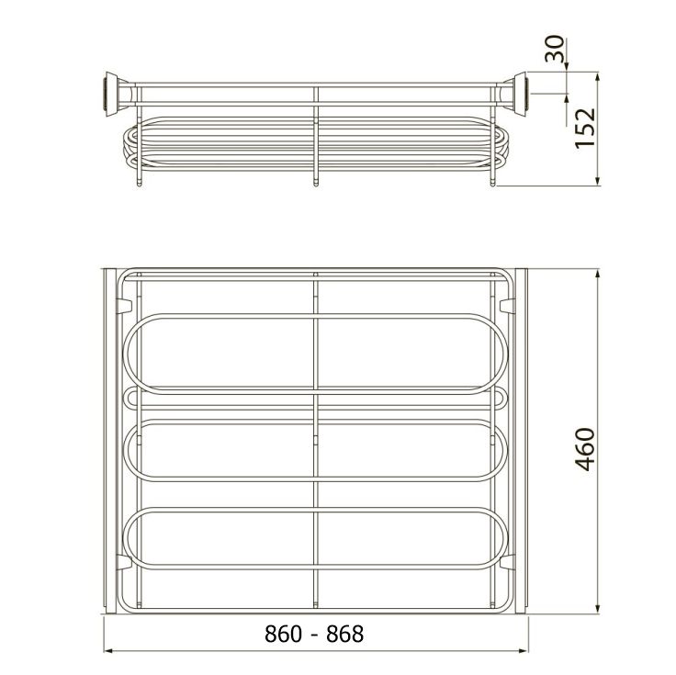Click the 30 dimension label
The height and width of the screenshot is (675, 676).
(554, 49)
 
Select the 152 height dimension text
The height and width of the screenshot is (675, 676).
(585, 128)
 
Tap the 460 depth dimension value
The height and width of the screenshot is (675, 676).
(585, 449)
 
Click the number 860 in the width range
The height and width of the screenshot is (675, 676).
(283, 634)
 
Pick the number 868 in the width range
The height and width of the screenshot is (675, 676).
(345, 634)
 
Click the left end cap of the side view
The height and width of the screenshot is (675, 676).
(113, 94)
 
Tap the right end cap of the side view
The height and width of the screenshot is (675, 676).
(517, 94)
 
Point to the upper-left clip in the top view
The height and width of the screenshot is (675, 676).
(124, 306)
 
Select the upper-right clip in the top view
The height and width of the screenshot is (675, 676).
(507, 306)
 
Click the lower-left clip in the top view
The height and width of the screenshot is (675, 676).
(124, 562)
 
